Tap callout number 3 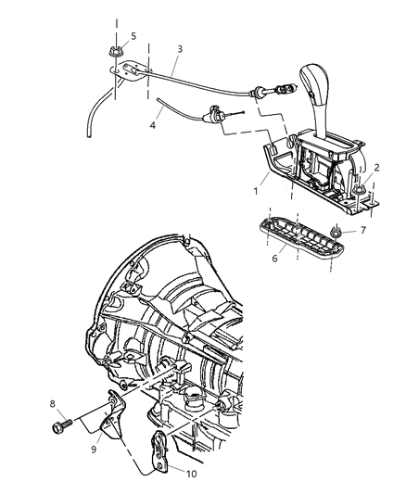point(178,48)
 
